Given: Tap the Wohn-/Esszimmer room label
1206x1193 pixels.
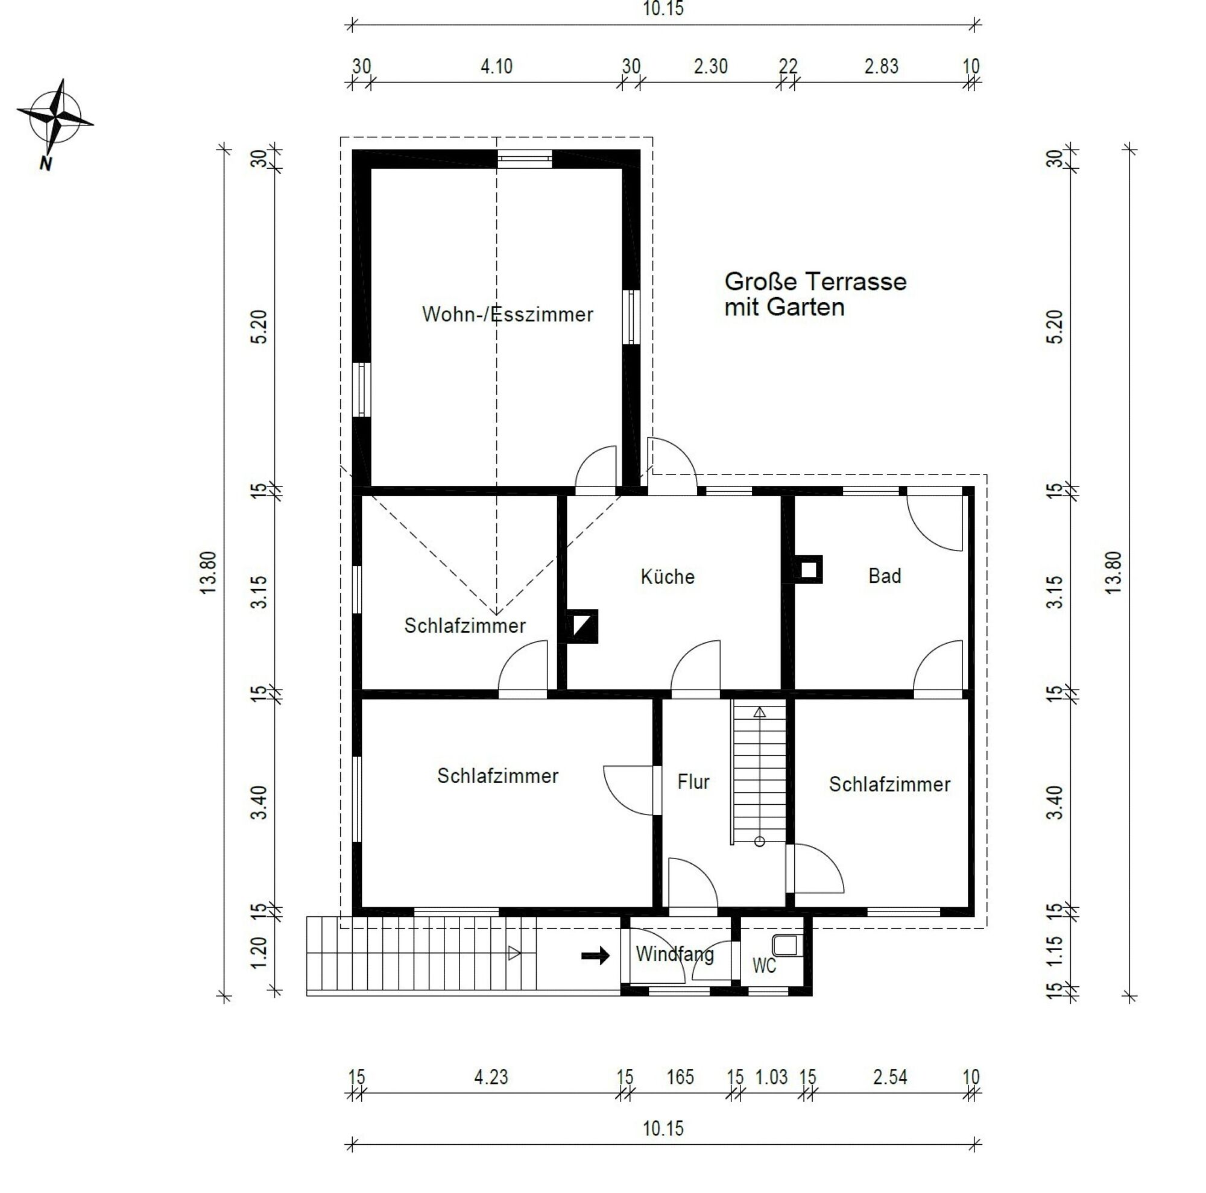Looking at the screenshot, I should pyautogui.click(x=507, y=315).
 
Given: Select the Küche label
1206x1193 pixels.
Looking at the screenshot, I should pyautogui.click(x=668, y=576).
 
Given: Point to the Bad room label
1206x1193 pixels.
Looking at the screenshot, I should pyautogui.click(x=885, y=575).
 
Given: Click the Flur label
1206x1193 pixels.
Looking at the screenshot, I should pyautogui.click(x=693, y=782).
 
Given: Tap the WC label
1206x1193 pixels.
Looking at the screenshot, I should pyautogui.click(x=764, y=966).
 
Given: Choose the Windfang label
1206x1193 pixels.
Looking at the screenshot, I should pyautogui.click(x=674, y=954).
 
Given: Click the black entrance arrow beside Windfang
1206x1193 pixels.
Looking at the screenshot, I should pyautogui.click(x=595, y=955).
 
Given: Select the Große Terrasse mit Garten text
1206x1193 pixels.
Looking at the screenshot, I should pyautogui.click(x=815, y=294).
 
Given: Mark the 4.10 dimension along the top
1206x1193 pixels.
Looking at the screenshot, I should pyautogui.click(x=496, y=66).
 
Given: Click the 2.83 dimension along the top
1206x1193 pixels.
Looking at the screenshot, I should pyautogui.click(x=881, y=66).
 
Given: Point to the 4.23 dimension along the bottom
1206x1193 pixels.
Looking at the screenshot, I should pyautogui.click(x=491, y=1077).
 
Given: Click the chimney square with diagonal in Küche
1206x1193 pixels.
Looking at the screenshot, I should pyautogui.click(x=582, y=626).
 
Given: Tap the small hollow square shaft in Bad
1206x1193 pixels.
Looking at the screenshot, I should pyautogui.click(x=809, y=569).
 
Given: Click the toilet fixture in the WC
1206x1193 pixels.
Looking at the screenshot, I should pyautogui.click(x=785, y=944).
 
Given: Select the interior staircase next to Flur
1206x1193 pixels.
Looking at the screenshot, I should pyautogui.click(x=759, y=773).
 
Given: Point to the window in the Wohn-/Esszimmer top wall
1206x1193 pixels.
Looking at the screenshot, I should pyautogui.click(x=525, y=160).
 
